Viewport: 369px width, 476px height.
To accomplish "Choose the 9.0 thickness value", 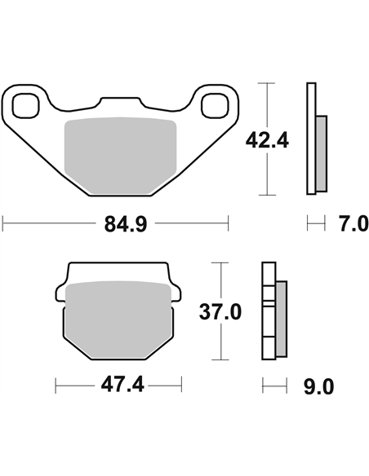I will point(318,386).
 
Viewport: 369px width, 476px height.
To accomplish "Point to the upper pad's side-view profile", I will point(311,139).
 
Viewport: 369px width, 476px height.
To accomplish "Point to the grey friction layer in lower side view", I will point(281,318).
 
